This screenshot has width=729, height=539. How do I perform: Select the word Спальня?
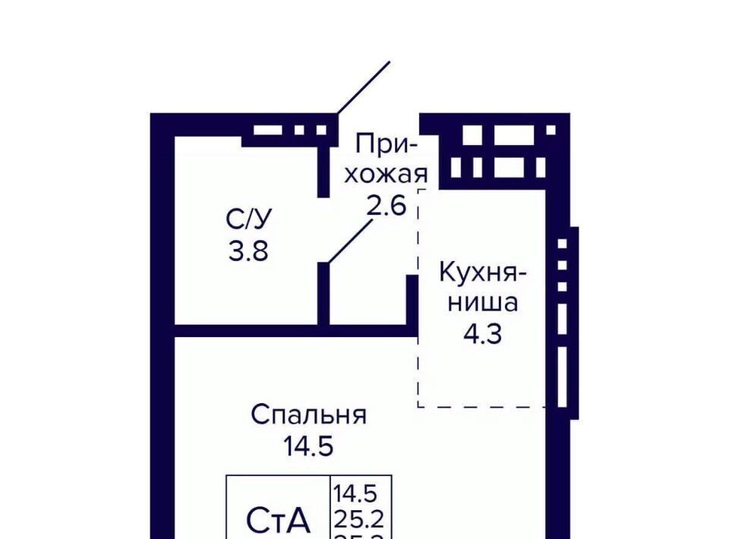point(308,415)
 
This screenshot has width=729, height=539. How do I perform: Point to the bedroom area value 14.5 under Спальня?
point(308,446)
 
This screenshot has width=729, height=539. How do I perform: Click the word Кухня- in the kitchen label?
point(483,273)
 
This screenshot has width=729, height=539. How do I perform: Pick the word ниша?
point(483,303)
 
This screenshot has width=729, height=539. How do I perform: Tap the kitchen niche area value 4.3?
point(483,333)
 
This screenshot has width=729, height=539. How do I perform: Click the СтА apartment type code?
point(279,520)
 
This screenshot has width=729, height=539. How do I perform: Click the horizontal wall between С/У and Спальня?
point(296,331)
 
